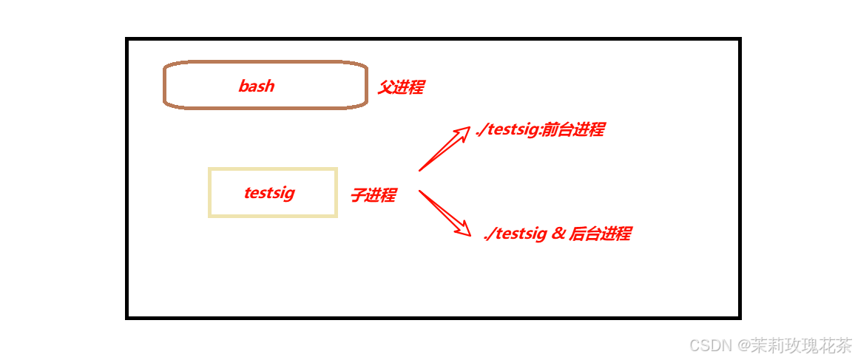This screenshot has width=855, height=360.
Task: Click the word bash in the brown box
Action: [x=256, y=86]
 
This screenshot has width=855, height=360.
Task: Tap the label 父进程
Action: [x=400, y=87]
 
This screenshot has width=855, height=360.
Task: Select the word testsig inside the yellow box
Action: [x=269, y=193]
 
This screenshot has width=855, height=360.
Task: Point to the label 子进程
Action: [x=373, y=195]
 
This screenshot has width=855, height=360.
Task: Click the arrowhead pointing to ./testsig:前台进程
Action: [x=464, y=131]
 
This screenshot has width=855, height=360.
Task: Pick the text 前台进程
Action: [x=573, y=130]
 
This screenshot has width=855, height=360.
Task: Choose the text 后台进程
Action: [x=600, y=234]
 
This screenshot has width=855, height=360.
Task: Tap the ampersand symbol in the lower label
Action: [x=559, y=234]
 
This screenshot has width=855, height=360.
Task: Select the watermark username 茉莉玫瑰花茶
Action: [x=801, y=345]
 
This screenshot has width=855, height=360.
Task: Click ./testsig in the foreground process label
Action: [x=507, y=131]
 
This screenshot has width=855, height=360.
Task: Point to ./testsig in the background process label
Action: [x=515, y=234]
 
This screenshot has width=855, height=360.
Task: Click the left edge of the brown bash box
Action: [x=164, y=86]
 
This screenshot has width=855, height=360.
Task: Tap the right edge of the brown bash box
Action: [x=366, y=86]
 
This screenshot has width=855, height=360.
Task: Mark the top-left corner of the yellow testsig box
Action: [x=210, y=169]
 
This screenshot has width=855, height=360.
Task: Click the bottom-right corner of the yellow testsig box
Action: [x=336, y=216]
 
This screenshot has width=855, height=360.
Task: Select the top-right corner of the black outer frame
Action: [x=739, y=39]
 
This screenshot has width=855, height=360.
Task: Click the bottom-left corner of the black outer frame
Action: [x=127, y=317]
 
